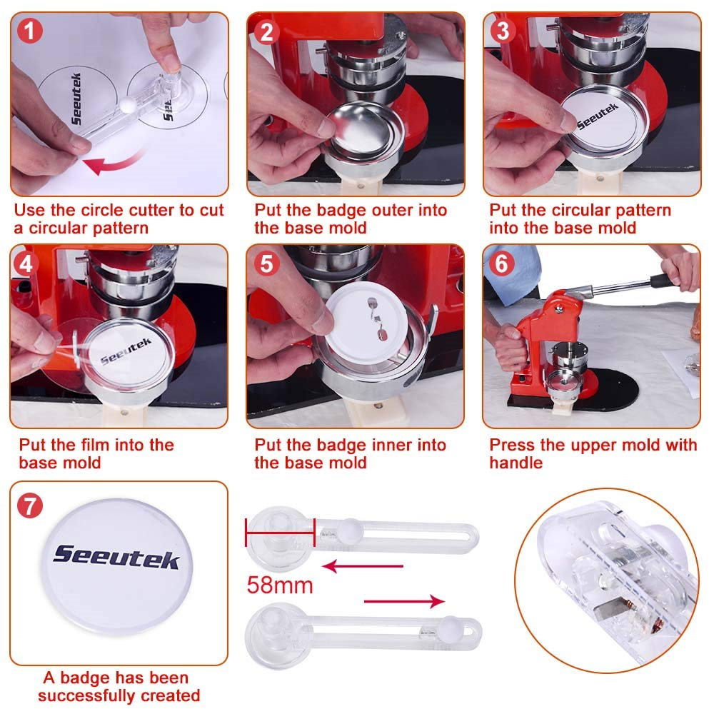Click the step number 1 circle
(x=29, y=31)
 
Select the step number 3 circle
(x=502, y=31)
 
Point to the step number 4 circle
(x=29, y=263)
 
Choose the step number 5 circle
(x=266, y=263)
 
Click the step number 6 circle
(x=502, y=263)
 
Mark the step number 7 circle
(x=29, y=505)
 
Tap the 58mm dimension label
(x=280, y=585)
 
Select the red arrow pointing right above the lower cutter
(x=403, y=602)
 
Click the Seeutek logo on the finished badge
(x=116, y=557)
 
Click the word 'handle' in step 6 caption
(x=516, y=463)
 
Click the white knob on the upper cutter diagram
(x=348, y=530)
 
